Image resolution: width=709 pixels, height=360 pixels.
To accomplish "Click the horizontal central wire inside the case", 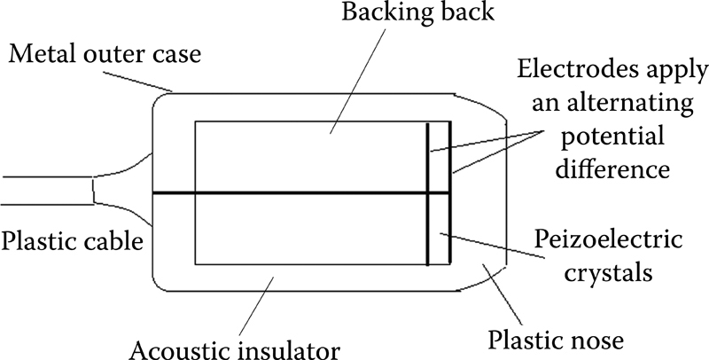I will pyautogui.click(x=292, y=192).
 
